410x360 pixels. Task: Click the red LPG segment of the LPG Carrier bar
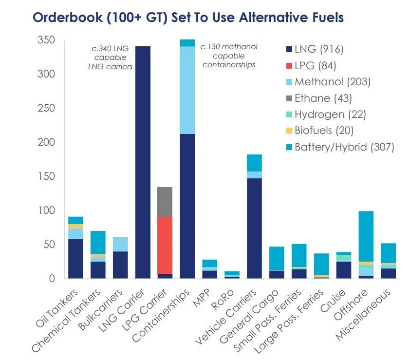(165, 246)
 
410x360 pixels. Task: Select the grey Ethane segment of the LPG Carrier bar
(165, 202)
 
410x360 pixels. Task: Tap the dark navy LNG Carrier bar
(143, 162)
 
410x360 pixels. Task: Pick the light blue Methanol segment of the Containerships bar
(187, 90)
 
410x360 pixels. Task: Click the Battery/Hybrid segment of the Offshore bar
(366, 236)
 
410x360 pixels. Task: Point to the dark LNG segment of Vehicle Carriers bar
(254, 228)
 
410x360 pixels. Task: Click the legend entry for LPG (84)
(311, 65)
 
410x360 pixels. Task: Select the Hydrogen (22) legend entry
(326, 114)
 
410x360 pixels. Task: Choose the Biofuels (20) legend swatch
(289, 131)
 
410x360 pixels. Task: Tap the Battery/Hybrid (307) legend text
(344, 147)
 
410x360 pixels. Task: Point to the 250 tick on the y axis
(46, 108)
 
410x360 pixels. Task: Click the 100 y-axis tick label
(47, 210)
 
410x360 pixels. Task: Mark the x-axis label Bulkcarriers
(100, 309)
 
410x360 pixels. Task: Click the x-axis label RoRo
(222, 300)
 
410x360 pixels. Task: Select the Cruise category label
(333, 301)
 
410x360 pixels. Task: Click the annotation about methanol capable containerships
(229, 56)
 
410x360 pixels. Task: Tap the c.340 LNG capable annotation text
(110, 57)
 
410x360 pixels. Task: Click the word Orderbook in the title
(68, 18)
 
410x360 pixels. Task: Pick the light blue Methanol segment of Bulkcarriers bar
(120, 245)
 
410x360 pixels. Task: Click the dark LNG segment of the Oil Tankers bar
(76, 259)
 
